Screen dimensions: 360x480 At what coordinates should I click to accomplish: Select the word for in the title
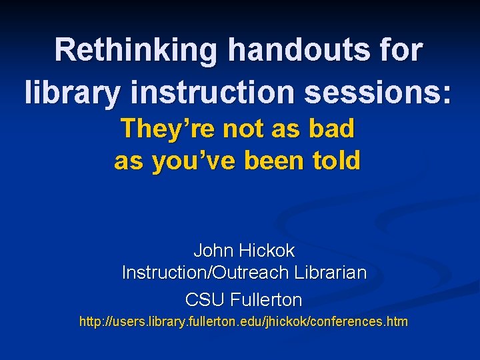click(x=399, y=51)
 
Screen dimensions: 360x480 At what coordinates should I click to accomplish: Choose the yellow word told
click(x=337, y=161)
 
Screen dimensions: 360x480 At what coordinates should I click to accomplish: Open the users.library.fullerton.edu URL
click(x=243, y=322)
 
